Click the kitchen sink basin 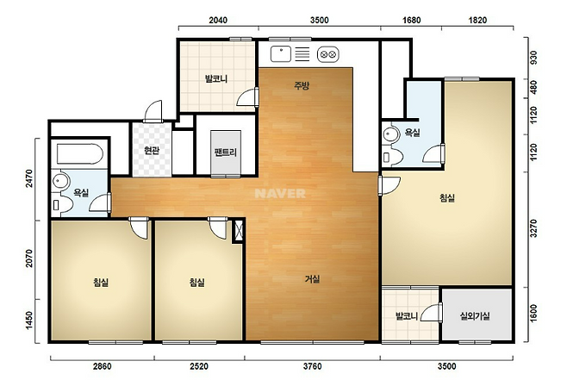(281, 54)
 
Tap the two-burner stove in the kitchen (328, 54)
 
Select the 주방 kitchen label (302, 85)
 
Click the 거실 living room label (312, 278)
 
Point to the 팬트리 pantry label (226, 152)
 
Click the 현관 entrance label (152, 150)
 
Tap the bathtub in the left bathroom (80, 154)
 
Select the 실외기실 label (475, 316)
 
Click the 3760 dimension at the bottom (312, 366)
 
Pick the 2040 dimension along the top (218, 20)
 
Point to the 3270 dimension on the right (533, 228)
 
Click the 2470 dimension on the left (29, 178)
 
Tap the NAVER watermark (280, 193)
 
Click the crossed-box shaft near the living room (239, 231)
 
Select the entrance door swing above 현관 (153, 111)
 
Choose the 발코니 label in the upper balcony (216, 78)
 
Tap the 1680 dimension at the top (412, 20)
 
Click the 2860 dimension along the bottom (103, 366)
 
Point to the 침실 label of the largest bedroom (447, 197)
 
